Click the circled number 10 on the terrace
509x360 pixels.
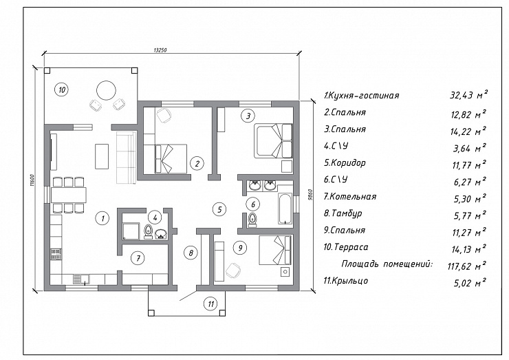pyautogui.click(x=62, y=89)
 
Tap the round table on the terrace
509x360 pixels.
pyautogui.click(x=106, y=90)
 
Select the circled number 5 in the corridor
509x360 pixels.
pyautogui.click(x=219, y=209)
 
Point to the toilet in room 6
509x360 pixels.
pyautogui.click(x=252, y=220)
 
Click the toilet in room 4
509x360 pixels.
pyautogui.click(x=148, y=232)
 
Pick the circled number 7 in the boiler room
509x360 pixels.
pyautogui.click(x=138, y=258)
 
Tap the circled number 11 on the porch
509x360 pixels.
pyautogui.click(x=210, y=304)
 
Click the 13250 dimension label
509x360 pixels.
pyautogui.click(x=160, y=50)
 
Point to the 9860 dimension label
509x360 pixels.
pyautogui.click(x=310, y=195)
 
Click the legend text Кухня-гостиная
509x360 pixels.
pyautogui.click(x=364, y=96)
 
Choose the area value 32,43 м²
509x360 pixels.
pyautogui.click(x=468, y=95)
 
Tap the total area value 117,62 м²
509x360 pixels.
pyautogui.click(x=466, y=266)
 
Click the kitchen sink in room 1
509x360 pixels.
pyautogui.click(x=80, y=279)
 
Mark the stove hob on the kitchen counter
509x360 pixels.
pyautogui.click(x=56, y=255)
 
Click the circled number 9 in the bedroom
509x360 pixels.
pyautogui.click(x=240, y=248)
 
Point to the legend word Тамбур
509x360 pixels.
pyautogui.click(x=347, y=213)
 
